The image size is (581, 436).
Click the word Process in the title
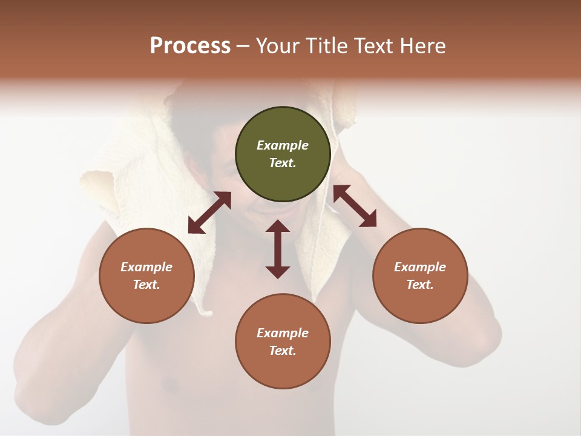click(x=190, y=46)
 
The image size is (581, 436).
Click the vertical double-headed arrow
click(x=278, y=249)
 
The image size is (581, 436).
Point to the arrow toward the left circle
click(x=209, y=213)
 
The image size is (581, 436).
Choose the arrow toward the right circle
click(x=355, y=206)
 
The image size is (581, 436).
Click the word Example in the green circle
click(x=283, y=145)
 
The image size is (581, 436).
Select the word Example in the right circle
click(x=420, y=267)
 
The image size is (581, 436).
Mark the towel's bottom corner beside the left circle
click(x=208, y=312)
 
